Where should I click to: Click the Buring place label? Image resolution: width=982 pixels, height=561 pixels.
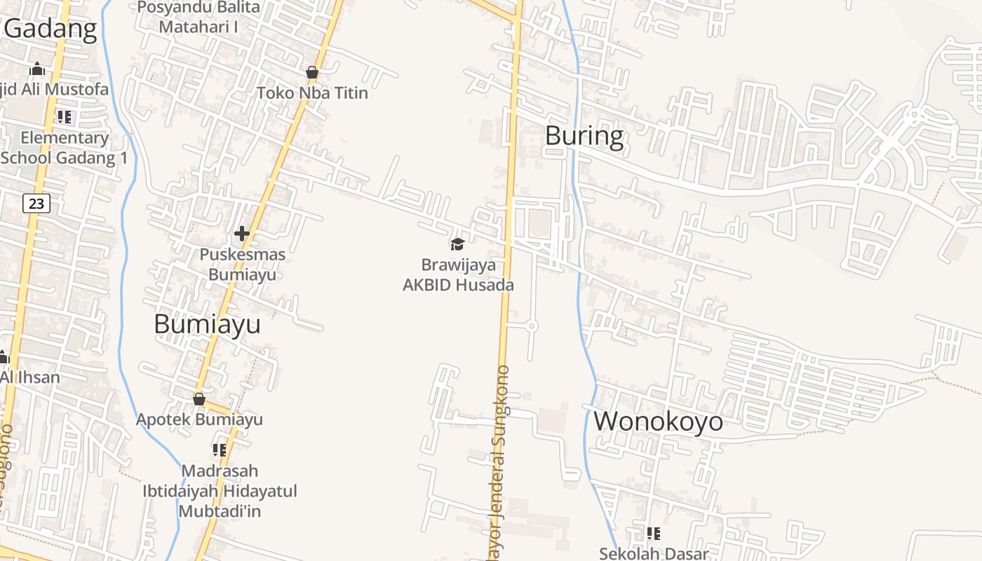tap(584, 135)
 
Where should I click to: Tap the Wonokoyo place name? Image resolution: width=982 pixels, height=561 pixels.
tap(658, 421)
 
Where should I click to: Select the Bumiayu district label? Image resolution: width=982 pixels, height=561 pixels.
tap(207, 324)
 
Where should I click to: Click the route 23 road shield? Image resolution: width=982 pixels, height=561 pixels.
tap(36, 203)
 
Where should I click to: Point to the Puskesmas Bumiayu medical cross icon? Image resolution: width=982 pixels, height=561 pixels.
tap(242, 233)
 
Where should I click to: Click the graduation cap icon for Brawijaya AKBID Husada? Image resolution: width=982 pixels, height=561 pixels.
tap(457, 244)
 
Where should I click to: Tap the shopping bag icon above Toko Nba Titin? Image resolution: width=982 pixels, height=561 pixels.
tap(311, 72)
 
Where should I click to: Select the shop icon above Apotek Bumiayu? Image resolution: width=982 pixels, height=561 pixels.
tap(199, 399)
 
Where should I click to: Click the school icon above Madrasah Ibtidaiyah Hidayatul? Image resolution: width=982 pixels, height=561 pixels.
tap(220, 450)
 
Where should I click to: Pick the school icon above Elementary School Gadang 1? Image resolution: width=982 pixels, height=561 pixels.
tap(65, 117)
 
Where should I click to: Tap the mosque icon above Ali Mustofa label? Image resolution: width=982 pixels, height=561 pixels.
tap(37, 69)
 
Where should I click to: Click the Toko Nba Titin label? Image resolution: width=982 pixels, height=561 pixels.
tap(312, 93)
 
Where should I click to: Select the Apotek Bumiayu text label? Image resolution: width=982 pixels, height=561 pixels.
tap(199, 419)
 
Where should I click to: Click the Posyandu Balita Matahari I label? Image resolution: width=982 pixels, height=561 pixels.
tap(199, 17)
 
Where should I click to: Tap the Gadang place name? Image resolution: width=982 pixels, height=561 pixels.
tap(51, 29)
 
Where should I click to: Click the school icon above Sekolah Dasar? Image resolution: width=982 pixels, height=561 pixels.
tap(653, 534)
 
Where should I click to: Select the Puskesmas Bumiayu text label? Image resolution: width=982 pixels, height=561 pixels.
tap(242, 264)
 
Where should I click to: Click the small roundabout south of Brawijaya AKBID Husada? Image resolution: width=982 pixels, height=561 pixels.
tap(531, 325)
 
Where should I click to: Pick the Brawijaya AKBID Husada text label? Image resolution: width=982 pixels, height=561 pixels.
tap(458, 275)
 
